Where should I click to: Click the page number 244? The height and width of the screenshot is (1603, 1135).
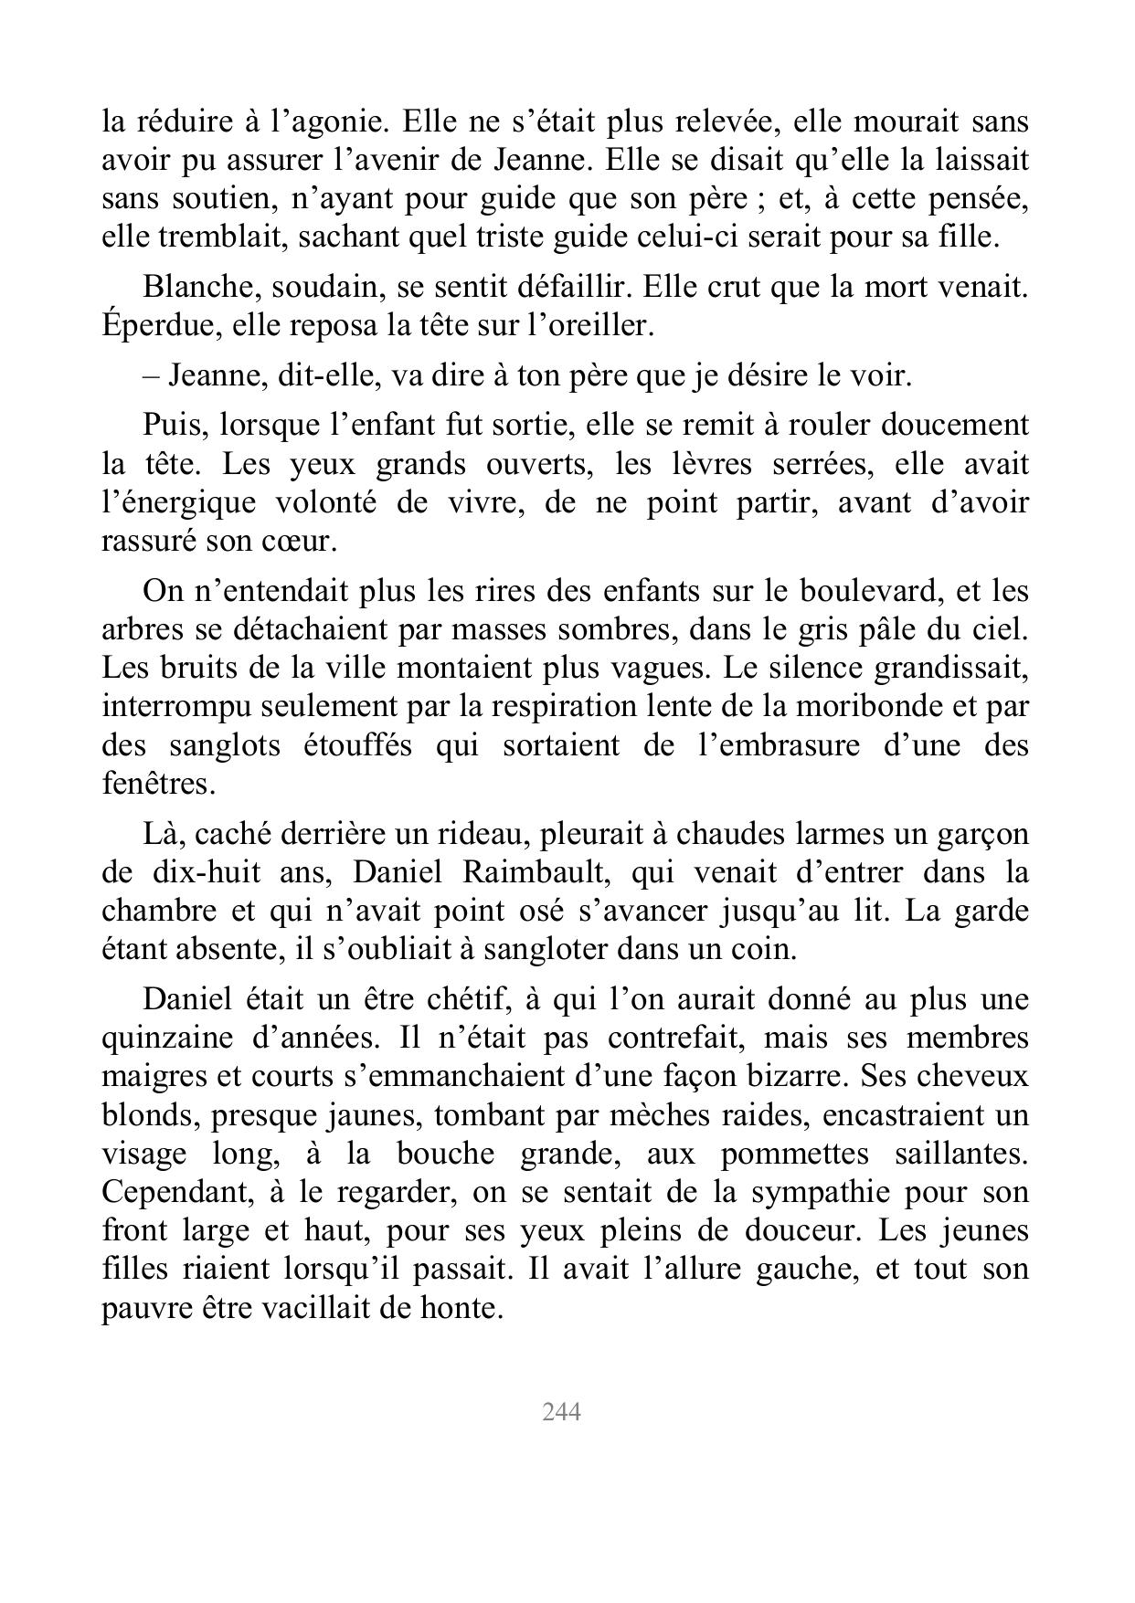pos(561,1412)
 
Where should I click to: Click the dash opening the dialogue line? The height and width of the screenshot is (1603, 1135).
pos(150,375)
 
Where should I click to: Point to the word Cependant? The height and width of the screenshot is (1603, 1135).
pos(173,1192)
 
